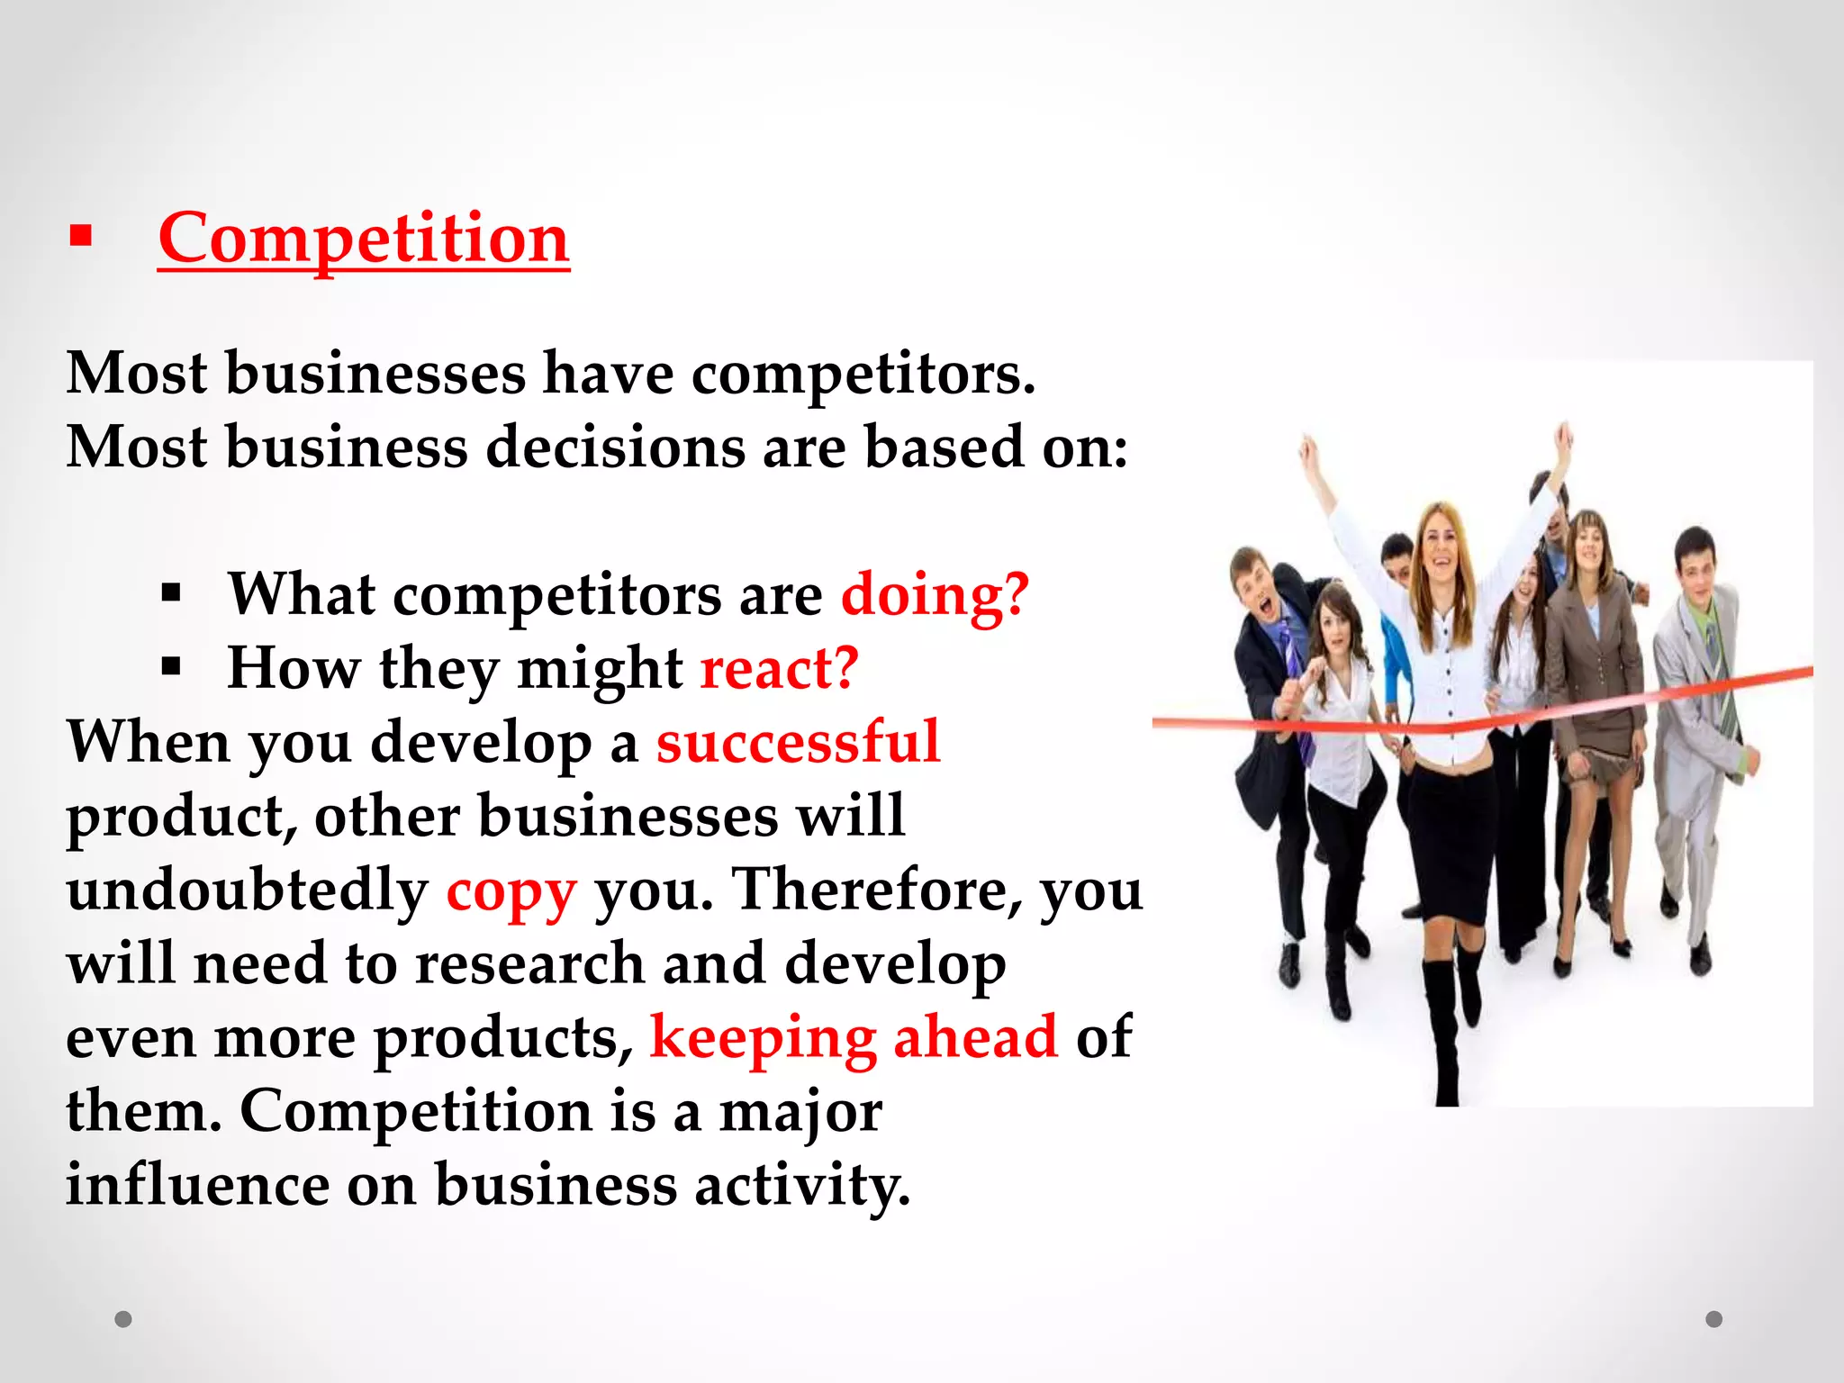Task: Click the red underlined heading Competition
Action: click(x=363, y=239)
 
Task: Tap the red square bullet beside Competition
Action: click(x=81, y=236)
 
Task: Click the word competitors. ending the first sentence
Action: click(x=863, y=375)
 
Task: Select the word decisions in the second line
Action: click(x=616, y=447)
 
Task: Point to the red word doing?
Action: click(x=935, y=595)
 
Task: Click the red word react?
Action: click(x=780, y=669)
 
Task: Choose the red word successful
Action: click(x=798, y=743)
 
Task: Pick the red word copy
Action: click(x=511, y=891)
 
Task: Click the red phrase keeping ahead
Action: click(x=853, y=1038)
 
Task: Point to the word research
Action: click(x=529, y=963)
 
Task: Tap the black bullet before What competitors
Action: click(x=171, y=593)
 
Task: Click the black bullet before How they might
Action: click(x=171, y=667)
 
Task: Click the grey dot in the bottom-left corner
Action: click(x=123, y=1319)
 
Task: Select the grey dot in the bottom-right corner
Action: click(x=1714, y=1319)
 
